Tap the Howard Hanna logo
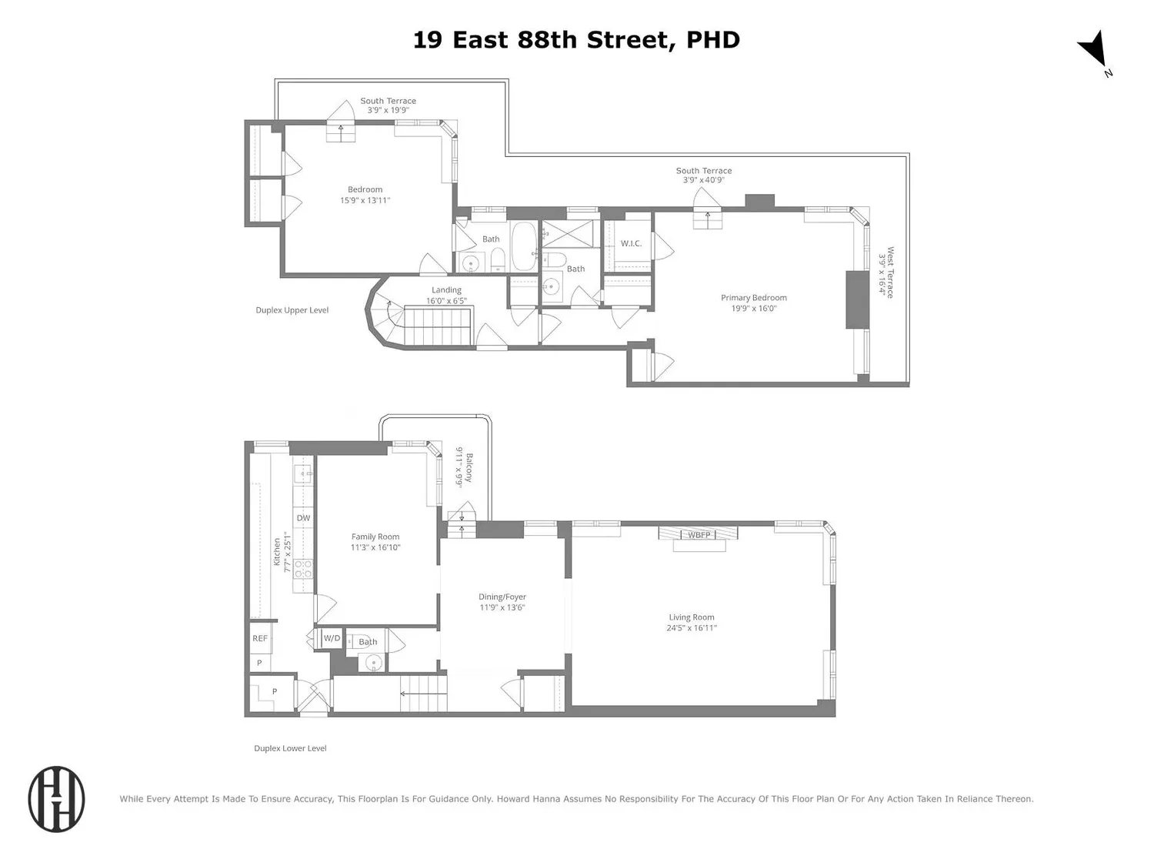[56, 799]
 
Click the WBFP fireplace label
[699, 535]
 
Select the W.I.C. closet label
[631, 243]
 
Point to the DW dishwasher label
[303, 518]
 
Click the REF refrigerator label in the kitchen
[260, 638]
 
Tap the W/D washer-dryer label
[332, 638]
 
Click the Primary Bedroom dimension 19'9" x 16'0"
[753, 309]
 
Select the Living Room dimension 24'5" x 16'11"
[692, 628]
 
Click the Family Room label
[375, 537]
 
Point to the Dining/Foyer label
[502, 597]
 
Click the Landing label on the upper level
[446, 289]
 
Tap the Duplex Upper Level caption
[292, 310]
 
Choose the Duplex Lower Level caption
[290, 748]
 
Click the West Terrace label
[890, 273]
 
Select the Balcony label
[469, 468]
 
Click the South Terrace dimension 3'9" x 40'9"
[703, 180]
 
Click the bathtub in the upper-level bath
[524, 246]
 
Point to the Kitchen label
[277, 552]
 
